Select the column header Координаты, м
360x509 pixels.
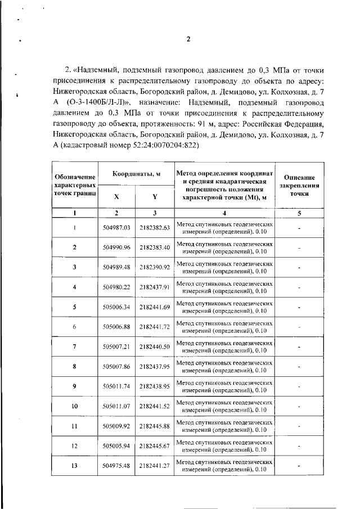tap(135, 175)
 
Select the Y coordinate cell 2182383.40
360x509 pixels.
tap(155, 247)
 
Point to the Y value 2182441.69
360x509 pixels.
tap(155, 307)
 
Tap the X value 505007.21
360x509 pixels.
tap(117, 347)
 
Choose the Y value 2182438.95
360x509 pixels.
tap(155, 387)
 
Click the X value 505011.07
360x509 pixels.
tap(117, 407)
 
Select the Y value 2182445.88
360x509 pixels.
tap(155, 426)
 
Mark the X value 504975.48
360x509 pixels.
tap(117, 466)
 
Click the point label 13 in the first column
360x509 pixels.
tap(74, 466)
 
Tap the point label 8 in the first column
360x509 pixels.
tap(74, 367)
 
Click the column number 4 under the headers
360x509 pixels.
tap(224, 213)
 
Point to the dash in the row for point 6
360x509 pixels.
tap(299, 327)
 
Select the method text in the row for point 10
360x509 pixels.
tap(224, 407)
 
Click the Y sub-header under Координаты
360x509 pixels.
tap(155, 197)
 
